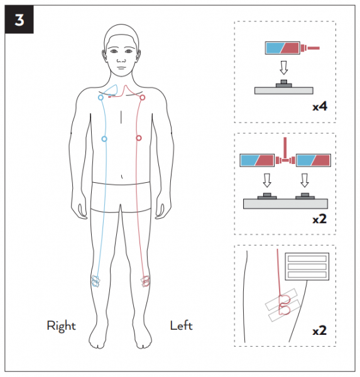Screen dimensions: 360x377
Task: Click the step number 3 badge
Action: coord(19,19)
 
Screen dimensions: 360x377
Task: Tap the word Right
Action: coord(61,326)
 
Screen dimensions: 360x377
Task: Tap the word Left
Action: coord(182,325)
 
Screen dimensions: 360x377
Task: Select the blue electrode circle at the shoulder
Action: coord(101,97)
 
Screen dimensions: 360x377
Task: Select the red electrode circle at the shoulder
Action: coord(143,97)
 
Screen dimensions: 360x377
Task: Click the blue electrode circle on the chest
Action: coord(104,139)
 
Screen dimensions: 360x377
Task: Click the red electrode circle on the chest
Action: coord(138,138)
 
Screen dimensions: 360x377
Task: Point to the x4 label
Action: coord(320,106)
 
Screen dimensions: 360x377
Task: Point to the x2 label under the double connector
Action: coord(320,219)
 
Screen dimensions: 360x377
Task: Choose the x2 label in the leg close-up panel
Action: coord(320,331)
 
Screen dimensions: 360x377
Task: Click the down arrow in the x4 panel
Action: coord(284,68)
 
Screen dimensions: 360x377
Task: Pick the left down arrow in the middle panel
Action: coord(267,180)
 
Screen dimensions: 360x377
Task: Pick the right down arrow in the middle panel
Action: coord(305,180)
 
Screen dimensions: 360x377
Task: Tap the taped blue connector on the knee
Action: coord(95,281)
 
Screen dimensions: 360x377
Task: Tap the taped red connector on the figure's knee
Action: coord(145,281)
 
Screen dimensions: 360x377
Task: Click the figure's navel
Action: coord(122,177)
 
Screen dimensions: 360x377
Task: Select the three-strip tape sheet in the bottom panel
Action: coord(307,266)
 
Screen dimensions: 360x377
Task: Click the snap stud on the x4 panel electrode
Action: coord(284,84)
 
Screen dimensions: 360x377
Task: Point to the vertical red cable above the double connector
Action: coord(285,147)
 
